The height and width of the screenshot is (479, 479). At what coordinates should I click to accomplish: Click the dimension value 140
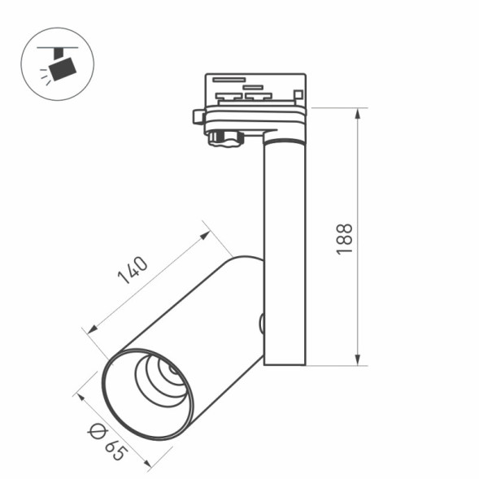pyautogui.click(x=132, y=271)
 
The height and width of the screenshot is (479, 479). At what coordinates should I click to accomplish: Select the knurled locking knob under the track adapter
pyautogui.click(x=225, y=139)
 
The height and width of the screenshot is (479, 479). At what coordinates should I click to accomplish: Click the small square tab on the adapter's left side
pyautogui.click(x=198, y=116)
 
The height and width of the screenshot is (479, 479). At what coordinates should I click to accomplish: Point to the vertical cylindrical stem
pyautogui.click(x=285, y=244)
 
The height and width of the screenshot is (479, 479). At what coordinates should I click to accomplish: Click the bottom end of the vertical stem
pyautogui.click(x=285, y=362)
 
